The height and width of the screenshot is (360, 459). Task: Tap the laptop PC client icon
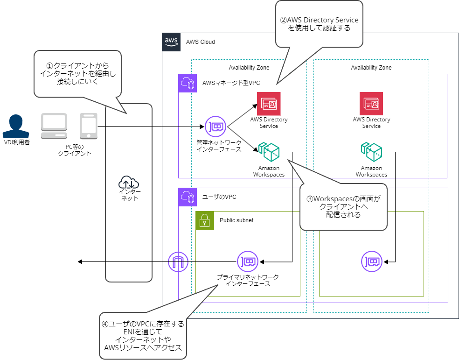click(x=55, y=126)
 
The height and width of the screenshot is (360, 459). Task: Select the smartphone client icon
click(x=88, y=126)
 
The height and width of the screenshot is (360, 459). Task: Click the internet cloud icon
click(x=129, y=182)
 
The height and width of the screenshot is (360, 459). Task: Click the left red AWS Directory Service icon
click(x=269, y=104)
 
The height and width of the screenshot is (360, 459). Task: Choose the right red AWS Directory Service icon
click(x=371, y=104)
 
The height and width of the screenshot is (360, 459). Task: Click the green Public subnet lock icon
click(x=205, y=220)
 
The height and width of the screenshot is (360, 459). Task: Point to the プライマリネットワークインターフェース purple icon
click(x=247, y=261)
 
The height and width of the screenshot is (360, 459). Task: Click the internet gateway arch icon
click(x=178, y=261)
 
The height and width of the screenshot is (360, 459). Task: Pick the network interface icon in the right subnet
click(x=371, y=261)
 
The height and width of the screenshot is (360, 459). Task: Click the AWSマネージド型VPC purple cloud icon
click(x=188, y=83)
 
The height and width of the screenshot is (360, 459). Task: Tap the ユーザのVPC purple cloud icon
click(x=188, y=197)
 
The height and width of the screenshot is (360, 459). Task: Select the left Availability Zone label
click(x=249, y=68)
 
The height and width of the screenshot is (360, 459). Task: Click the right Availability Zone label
click(x=371, y=68)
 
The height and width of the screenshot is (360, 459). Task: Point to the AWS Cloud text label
click(x=200, y=42)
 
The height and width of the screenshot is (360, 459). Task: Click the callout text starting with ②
click(x=319, y=24)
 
